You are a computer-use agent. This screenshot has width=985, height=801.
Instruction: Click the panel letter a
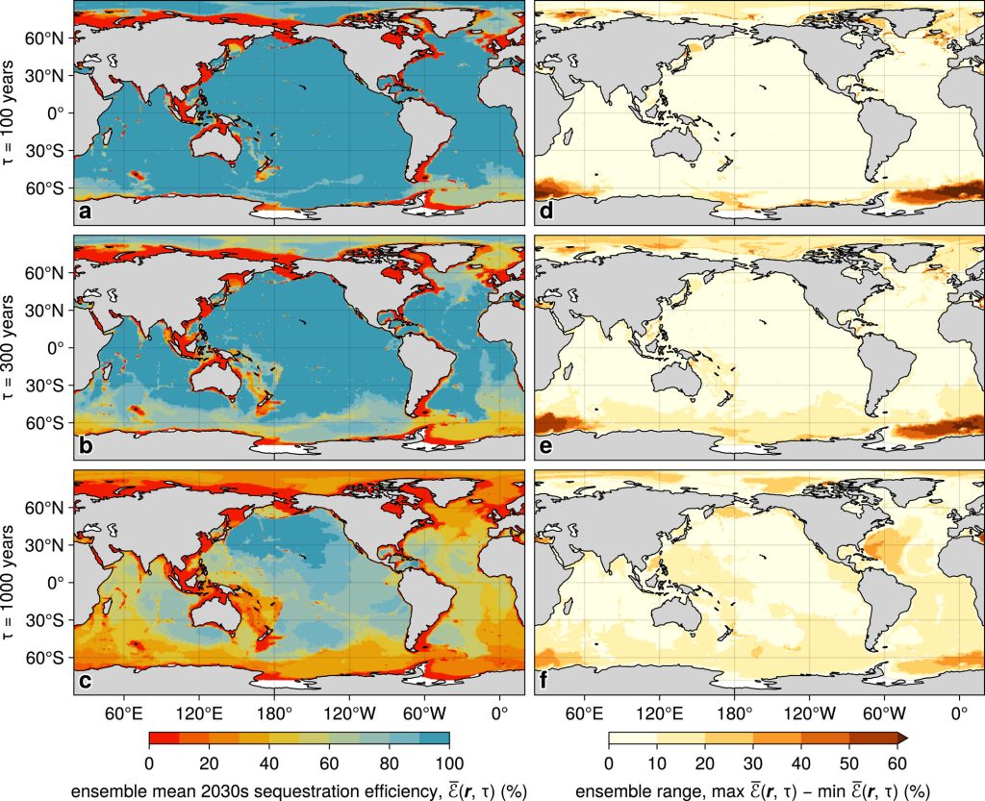(86, 213)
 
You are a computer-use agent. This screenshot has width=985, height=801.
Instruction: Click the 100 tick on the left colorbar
(449, 763)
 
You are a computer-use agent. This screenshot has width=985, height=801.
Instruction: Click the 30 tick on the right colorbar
(752, 763)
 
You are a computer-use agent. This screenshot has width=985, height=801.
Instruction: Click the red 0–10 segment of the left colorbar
(164, 738)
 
